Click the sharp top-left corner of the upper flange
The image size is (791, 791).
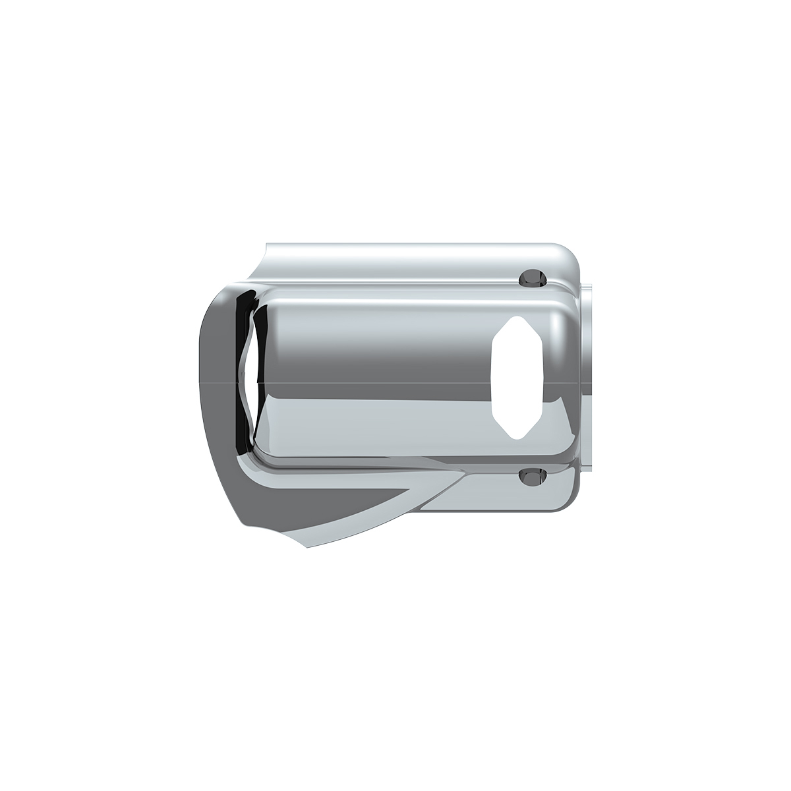coord(266,244)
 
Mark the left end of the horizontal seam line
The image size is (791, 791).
coord(199,382)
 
